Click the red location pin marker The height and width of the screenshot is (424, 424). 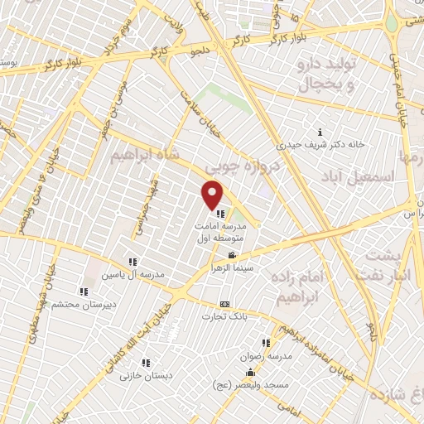pos(214,194)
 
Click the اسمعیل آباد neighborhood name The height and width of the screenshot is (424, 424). pos(388,176)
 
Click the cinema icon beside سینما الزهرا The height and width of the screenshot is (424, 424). pos(234,256)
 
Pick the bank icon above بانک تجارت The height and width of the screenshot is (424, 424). pos(225,304)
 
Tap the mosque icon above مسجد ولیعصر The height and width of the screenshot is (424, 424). pos(252,371)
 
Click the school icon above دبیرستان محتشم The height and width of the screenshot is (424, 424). pos(83,291)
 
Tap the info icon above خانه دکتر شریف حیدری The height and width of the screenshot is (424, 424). pos(320,132)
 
